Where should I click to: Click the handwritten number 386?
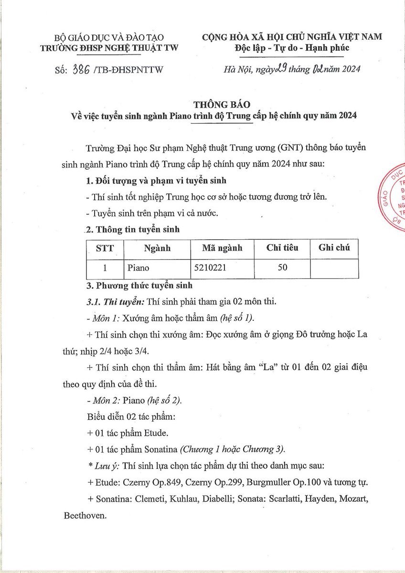[x=81, y=70]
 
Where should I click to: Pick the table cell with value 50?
[x=282, y=268]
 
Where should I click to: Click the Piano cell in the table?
[x=139, y=268]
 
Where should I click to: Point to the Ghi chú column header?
[x=334, y=248]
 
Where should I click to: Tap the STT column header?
[x=105, y=248]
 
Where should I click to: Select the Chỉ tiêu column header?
[x=282, y=248]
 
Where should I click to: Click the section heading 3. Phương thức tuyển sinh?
[x=138, y=286]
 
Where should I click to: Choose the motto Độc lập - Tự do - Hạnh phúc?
[x=292, y=48]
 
